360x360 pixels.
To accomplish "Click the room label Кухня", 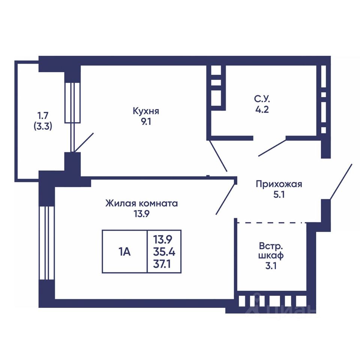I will click(146, 111).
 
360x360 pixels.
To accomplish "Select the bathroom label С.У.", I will click(261, 100).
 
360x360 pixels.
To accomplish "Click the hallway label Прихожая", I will click(279, 184).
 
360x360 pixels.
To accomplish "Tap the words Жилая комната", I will click(141, 204).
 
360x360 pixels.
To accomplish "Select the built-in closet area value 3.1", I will click(271, 268).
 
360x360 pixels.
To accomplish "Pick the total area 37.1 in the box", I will click(164, 264).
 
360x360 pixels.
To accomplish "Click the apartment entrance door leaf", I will click(341, 181).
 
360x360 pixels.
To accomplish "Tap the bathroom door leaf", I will click(272, 148).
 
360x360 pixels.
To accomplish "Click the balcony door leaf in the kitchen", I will click(84, 142).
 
